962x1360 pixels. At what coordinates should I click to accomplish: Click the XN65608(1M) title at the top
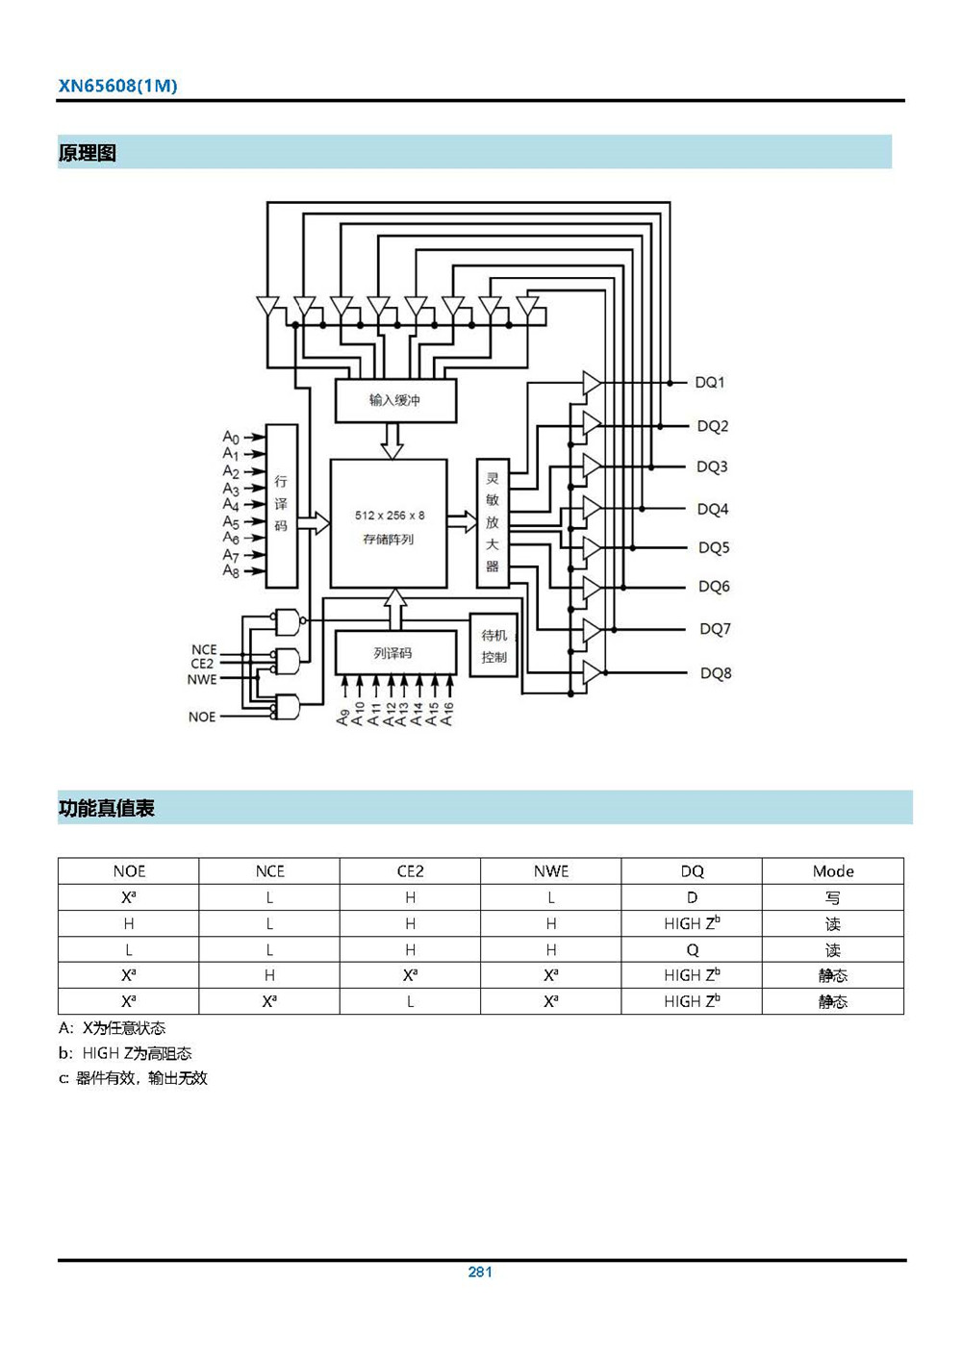coord(117,86)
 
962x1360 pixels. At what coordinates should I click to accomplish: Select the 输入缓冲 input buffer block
coord(394,400)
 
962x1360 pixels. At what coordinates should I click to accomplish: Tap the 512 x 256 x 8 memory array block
coord(389,524)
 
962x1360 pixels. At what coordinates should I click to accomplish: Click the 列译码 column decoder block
coord(394,653)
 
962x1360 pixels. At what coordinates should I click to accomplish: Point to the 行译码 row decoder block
coord(281,505)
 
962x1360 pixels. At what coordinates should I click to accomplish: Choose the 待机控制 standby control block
coord(494,645)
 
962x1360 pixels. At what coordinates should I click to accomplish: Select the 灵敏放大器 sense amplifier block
coord(493,522)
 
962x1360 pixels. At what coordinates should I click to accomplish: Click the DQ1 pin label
coord(710,383)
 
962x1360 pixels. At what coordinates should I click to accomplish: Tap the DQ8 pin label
coord(716,673)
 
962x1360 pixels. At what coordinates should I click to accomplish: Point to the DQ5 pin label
coord(714,548)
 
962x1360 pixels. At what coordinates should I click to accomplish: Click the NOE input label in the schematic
coord(202,717)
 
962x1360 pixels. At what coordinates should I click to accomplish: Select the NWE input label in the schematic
coord(202,679)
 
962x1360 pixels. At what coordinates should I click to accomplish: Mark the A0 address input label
coord(231,438)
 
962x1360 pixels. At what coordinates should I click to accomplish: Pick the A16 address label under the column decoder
coord(447,714)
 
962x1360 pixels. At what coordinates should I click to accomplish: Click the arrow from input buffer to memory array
coord(392,441)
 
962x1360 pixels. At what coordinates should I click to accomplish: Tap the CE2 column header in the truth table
coord(411,871)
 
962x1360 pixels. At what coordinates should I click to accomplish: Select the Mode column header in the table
coord(833,871)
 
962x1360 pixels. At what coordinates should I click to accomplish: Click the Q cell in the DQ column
coord(692,949)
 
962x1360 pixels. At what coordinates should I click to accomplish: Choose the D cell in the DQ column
coord(692,897)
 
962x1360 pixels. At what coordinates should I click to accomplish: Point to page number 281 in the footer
coord(480,1272)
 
